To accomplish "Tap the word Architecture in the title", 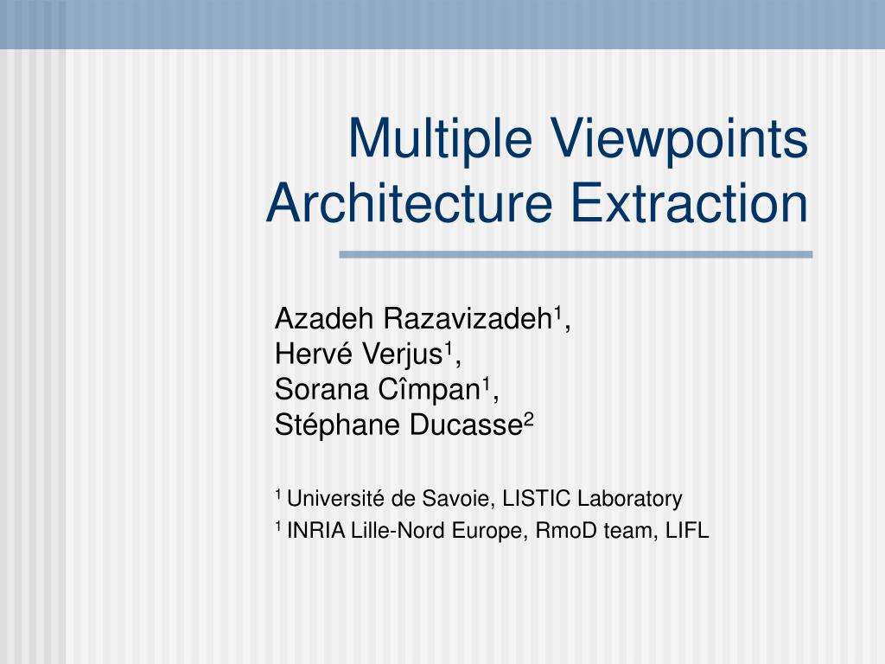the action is (409, 202).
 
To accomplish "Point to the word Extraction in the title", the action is (689, 202).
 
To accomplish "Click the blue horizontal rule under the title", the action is (576, 255).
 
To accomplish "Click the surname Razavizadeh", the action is (468, 318).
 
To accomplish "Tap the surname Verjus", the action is (402, 354).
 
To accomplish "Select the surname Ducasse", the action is (466, 425).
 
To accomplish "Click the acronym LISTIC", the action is (537, 499).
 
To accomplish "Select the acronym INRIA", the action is (316, 531).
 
